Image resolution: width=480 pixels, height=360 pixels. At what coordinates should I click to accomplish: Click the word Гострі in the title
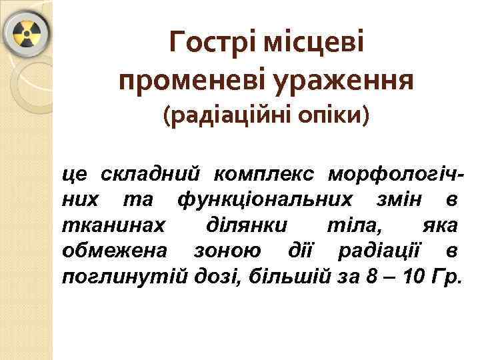[x=212, y=45]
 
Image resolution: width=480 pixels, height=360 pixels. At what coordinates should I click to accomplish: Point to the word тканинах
[x=111, y=225]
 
